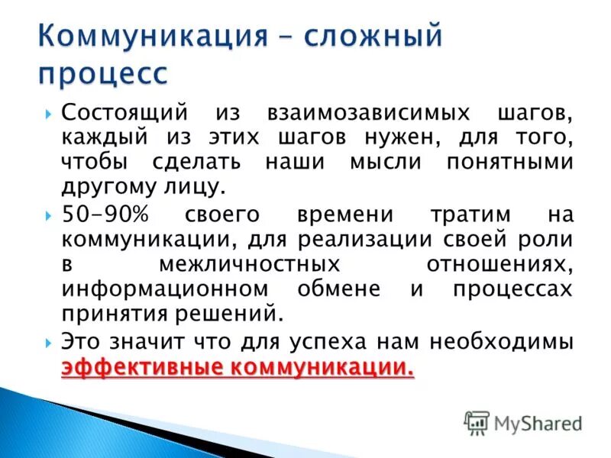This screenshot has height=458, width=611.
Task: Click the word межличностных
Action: click(248, 264)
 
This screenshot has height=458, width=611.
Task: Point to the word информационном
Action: click(166, 289)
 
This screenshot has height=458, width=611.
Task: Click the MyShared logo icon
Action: click(477, 422)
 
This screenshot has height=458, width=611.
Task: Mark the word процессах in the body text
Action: click(511, 289)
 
